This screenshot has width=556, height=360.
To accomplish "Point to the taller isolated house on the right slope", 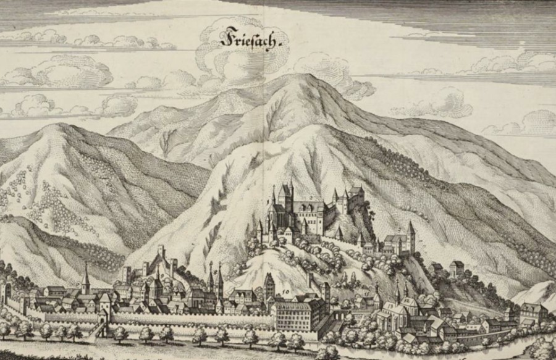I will [x=457, y=269].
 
